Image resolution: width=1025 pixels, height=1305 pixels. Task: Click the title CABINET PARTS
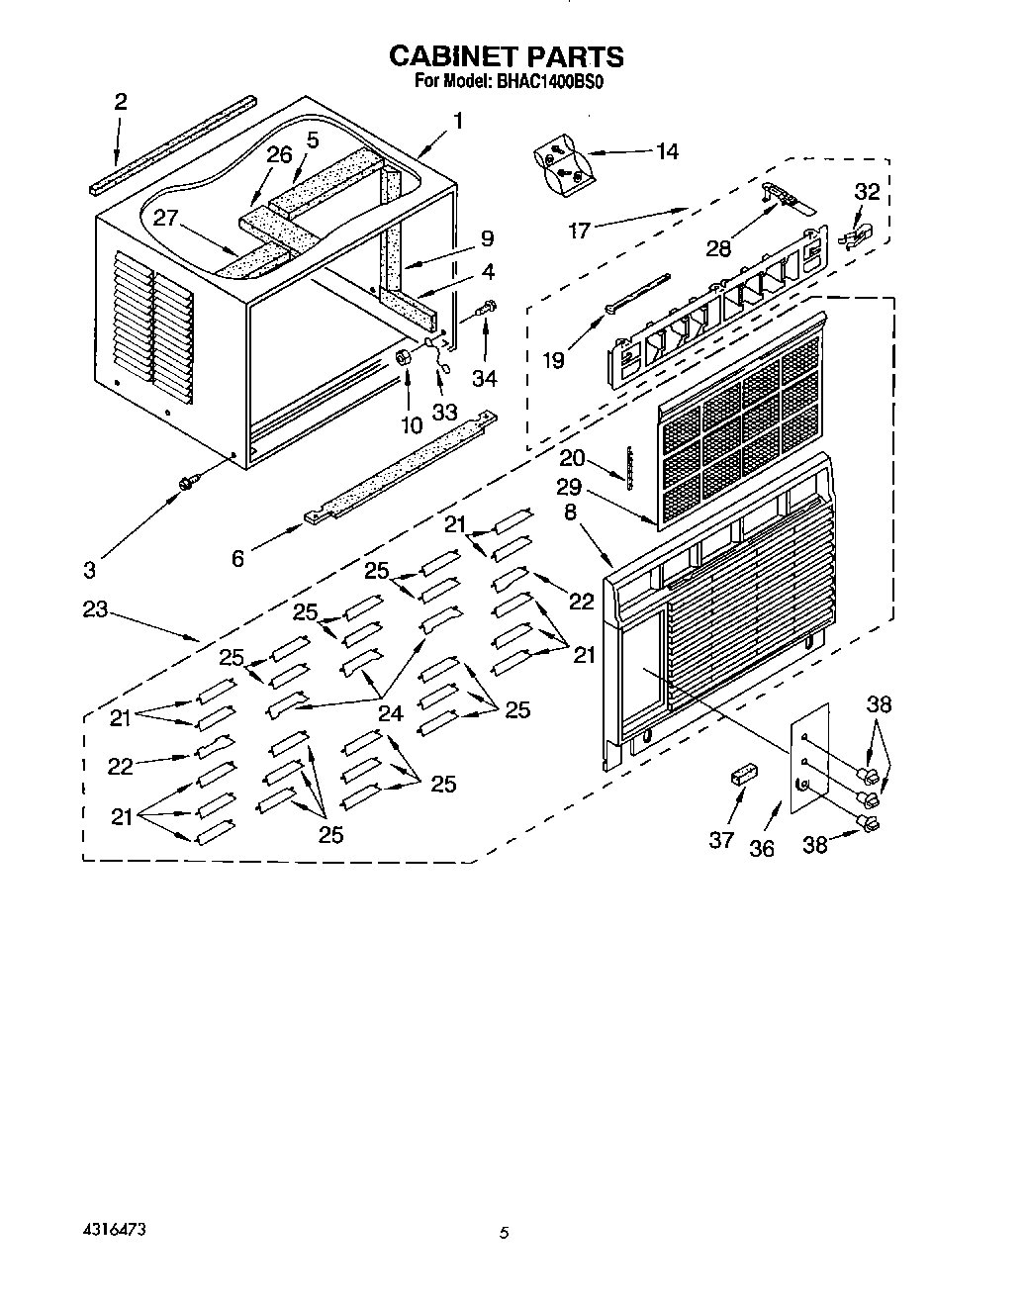coord(506,56)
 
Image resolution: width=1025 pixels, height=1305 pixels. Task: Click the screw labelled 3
coord(185,482)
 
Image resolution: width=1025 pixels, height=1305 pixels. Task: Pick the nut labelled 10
coord(403,357)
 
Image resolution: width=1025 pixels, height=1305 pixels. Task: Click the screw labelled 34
coord(486,309)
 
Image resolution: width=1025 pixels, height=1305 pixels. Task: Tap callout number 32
coord(866,192)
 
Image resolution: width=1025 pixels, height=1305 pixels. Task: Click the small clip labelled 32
coord(851,236)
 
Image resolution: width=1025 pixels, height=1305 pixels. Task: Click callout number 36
coord(761,848)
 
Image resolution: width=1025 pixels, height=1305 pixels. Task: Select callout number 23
coord(95,608)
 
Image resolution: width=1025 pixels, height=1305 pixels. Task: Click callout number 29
coord(569,488)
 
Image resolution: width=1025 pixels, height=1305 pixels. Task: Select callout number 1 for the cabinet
coord(458,121)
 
